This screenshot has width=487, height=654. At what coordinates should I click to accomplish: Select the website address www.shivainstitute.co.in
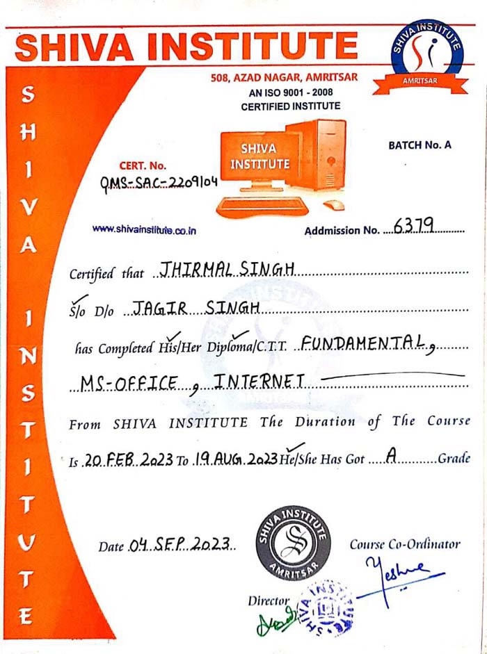click(144, 229)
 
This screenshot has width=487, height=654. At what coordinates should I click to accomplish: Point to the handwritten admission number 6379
click(413, 225)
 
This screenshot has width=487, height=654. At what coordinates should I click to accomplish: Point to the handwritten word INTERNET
click(259, 381)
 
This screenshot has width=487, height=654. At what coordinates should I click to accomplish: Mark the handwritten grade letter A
click(392, 456)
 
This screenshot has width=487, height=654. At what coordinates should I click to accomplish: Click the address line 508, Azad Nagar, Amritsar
click(284, 78)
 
